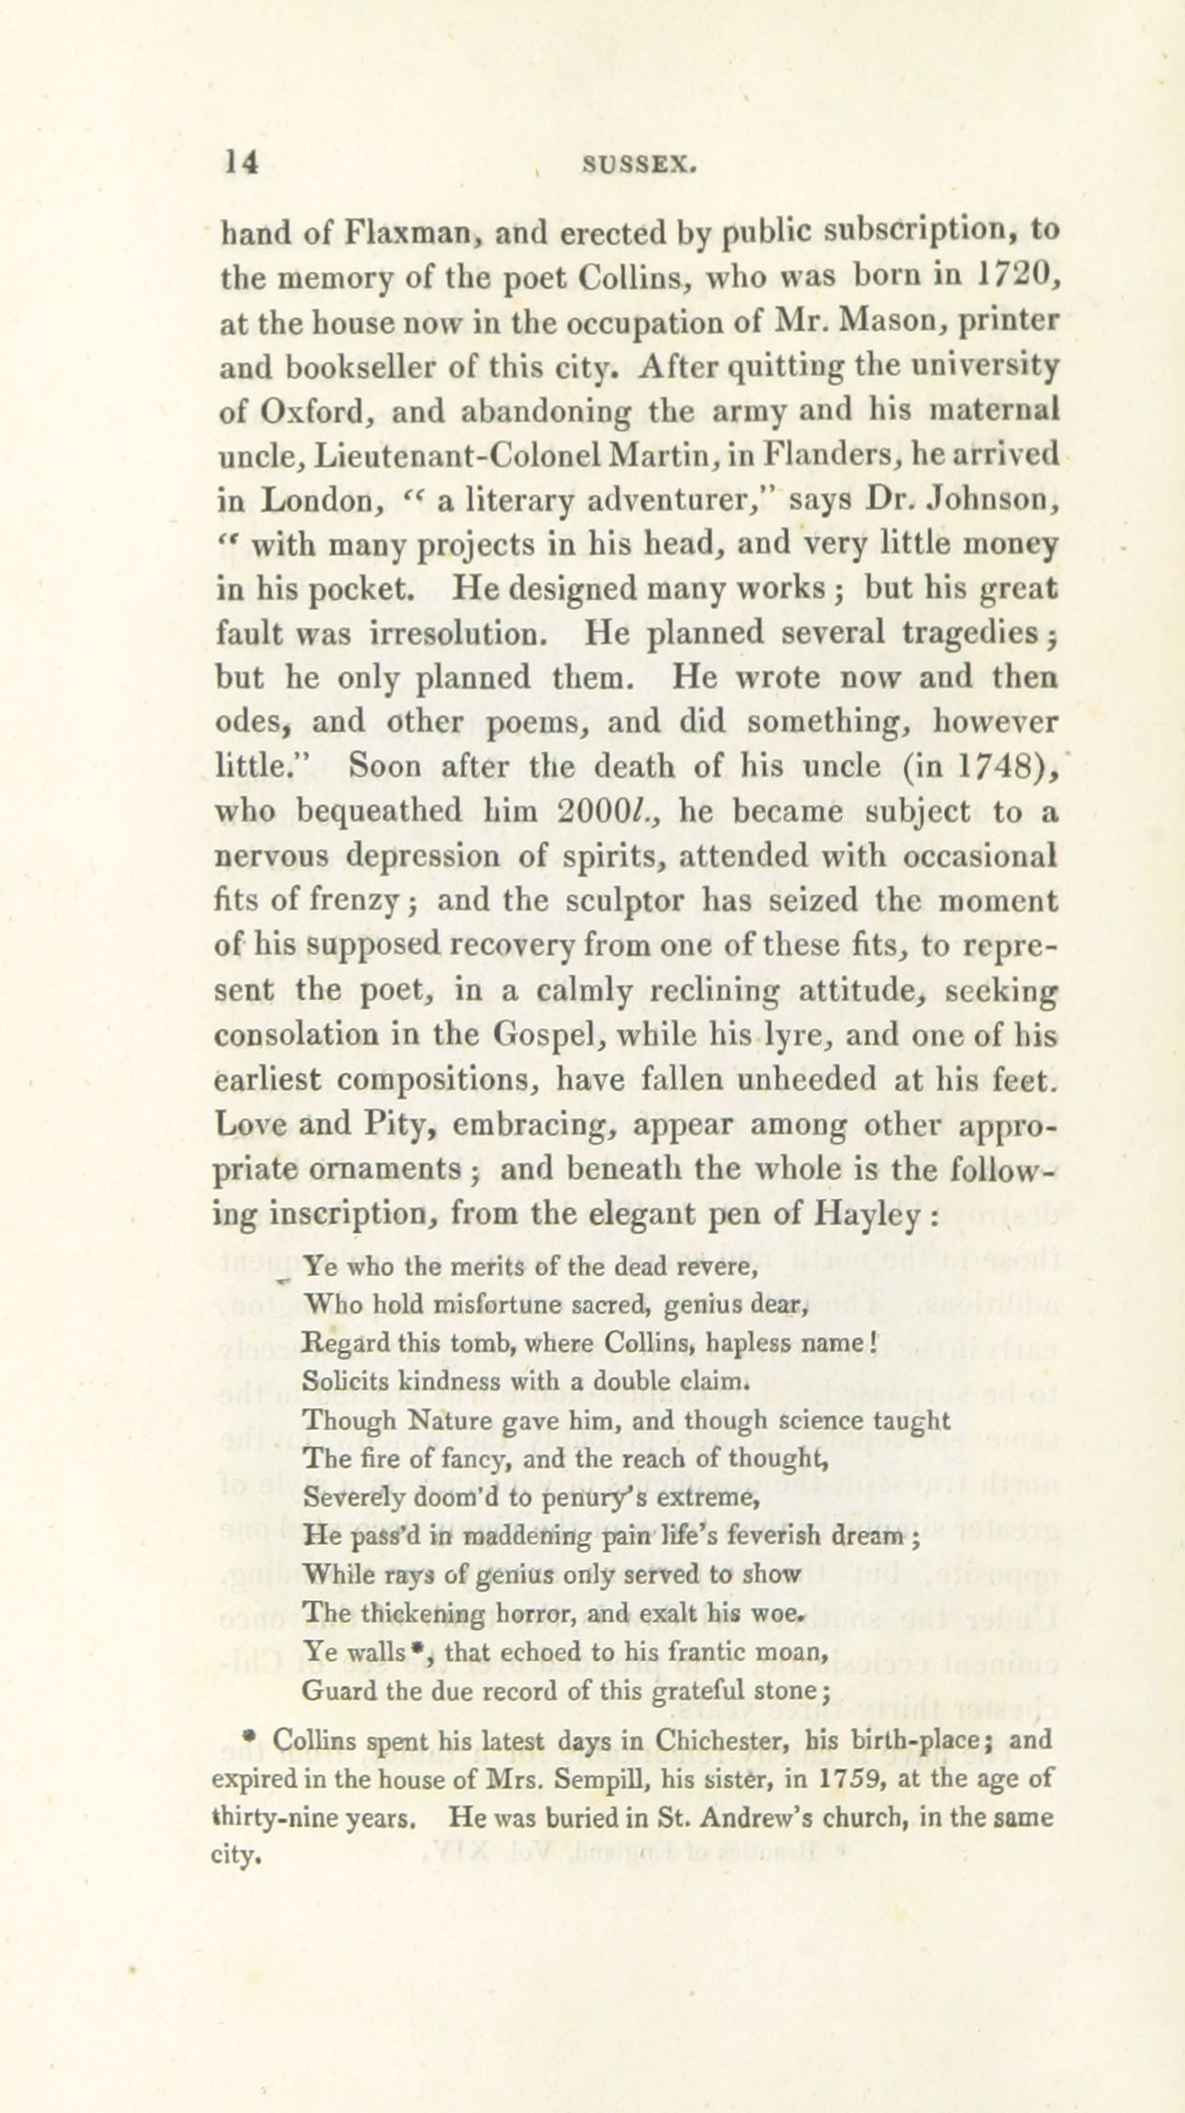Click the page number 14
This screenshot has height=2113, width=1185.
[x=240, y=162]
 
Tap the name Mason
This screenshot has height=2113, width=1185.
[x=882, y=321]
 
